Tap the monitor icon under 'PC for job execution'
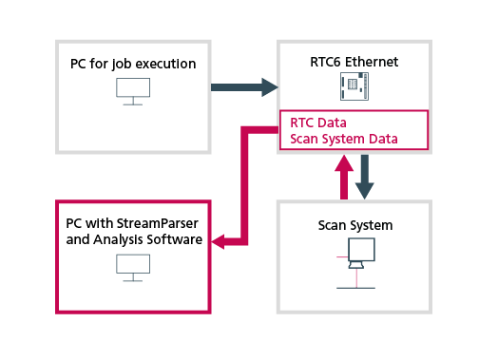click(133, 91)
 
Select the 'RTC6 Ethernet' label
click(354, 63)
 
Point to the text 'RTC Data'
click(317, 123)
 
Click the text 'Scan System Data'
click(343, 140)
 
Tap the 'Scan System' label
click(354, 225)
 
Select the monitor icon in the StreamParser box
click(133, 269)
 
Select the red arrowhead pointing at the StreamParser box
click(220, 242)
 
